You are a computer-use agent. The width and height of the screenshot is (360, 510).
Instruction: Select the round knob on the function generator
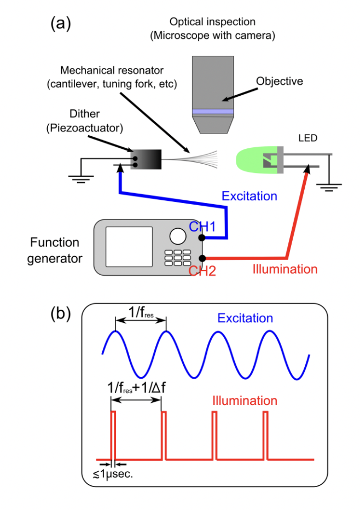pyautogui.click(x=177, y=236)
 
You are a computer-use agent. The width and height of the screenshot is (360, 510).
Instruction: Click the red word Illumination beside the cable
pyautogui.click(x=284, y=269)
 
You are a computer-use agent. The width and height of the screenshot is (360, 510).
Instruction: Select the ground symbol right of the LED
pyautogui.click(x=328, y=189)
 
